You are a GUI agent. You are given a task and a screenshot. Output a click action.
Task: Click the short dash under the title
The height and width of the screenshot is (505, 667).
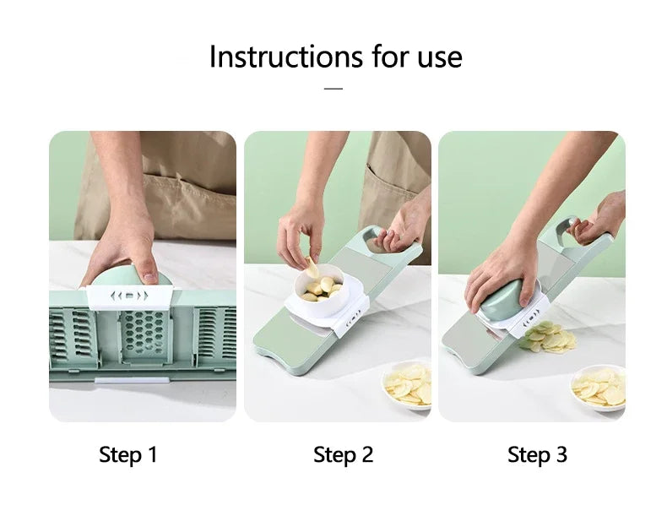click(x=333, y=87)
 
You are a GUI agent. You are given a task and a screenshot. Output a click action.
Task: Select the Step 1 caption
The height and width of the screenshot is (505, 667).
click(x=128, y=455)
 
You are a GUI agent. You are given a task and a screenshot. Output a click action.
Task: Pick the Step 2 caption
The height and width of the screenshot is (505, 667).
click(x=343, y=455)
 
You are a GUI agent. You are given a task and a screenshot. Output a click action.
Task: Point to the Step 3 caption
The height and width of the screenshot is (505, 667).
click(x=537, y=455)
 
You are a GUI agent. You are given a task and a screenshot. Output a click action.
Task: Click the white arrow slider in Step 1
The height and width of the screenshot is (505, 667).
click(x=131, y=296)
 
